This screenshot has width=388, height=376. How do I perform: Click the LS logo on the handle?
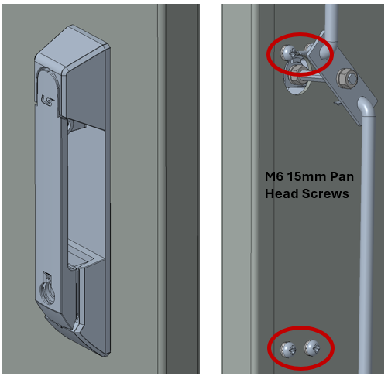[x=47, y=100]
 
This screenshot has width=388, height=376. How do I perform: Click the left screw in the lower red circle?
[x=288, y=349]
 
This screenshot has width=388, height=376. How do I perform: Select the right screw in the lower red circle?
[x=311, y=348]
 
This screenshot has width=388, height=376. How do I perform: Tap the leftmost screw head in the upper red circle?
[x=287, y=53]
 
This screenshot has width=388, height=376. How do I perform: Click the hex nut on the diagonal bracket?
[x=347, y=78]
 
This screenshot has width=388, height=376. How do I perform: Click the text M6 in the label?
[x=274, y=176]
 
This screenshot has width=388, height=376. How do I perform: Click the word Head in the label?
[x=281, y=193]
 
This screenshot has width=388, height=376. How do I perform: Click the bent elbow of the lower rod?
[x=366, y=106]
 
